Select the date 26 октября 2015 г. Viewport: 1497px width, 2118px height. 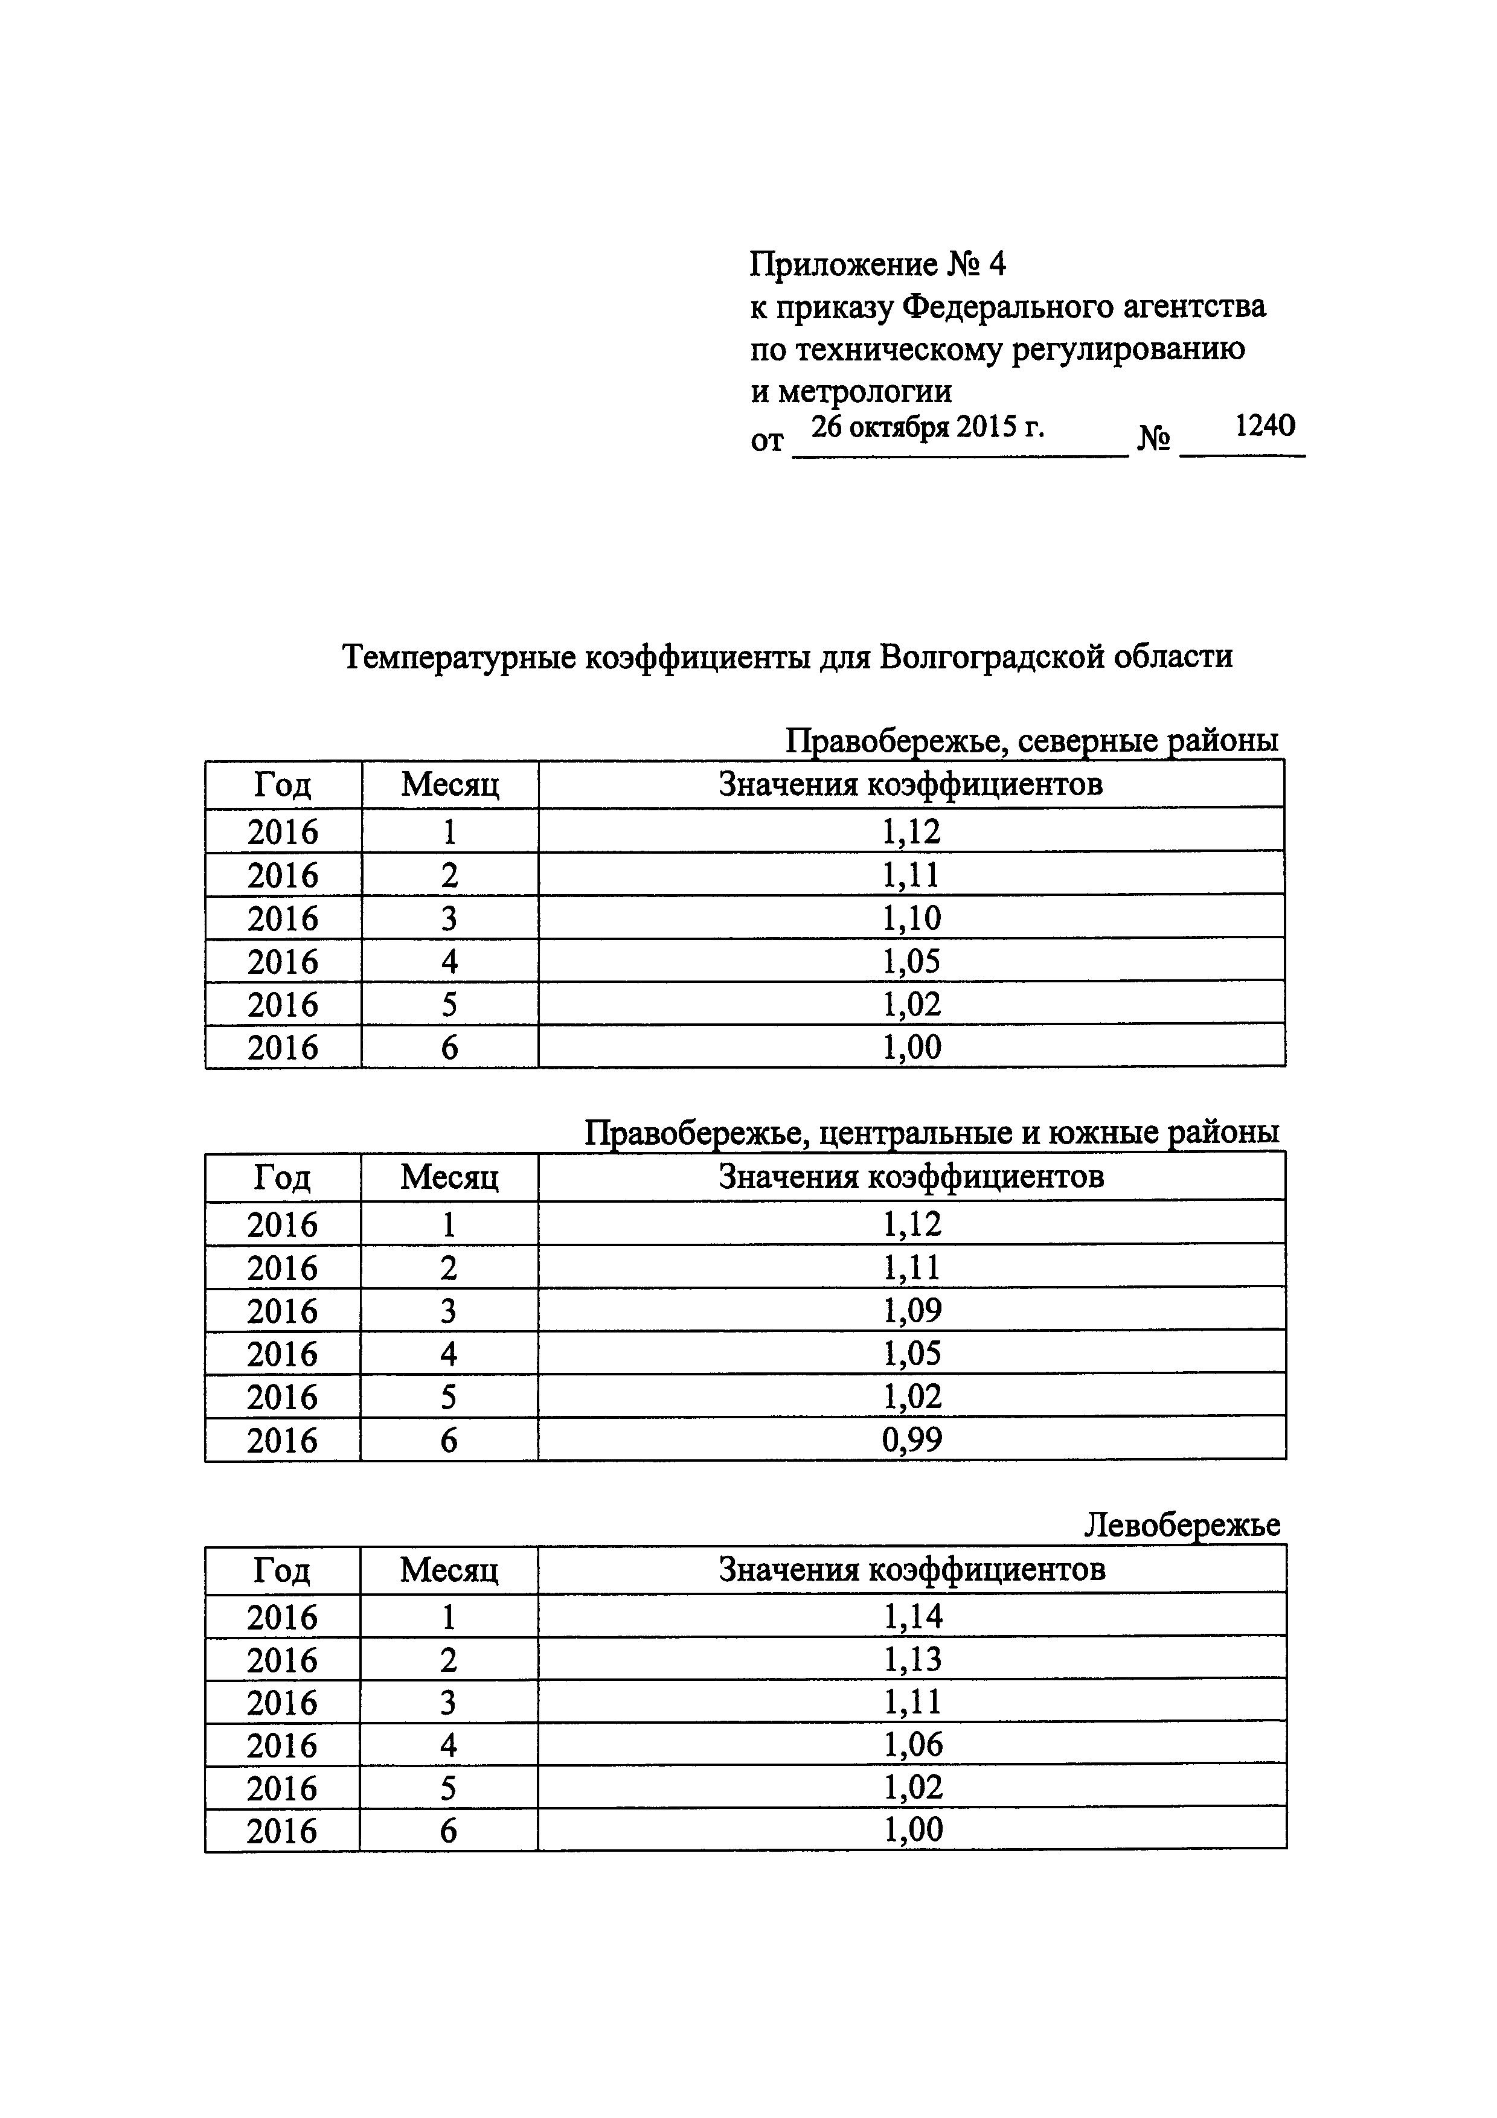[x=927, y=427]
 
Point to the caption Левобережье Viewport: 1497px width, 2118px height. [x=1182, y=1525]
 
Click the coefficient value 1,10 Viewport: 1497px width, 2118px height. [x=911, y=918]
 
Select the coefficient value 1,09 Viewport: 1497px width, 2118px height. [x=911, y=1310]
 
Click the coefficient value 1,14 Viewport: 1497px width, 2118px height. [x=911, y=1616]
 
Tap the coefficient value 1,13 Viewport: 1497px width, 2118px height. [x=911, y=1660]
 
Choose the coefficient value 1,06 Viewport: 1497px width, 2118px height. [x=911, y=1744]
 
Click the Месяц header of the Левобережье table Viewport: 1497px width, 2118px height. [x=448, y=1569]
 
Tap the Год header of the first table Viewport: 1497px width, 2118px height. [x=282, y=785]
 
